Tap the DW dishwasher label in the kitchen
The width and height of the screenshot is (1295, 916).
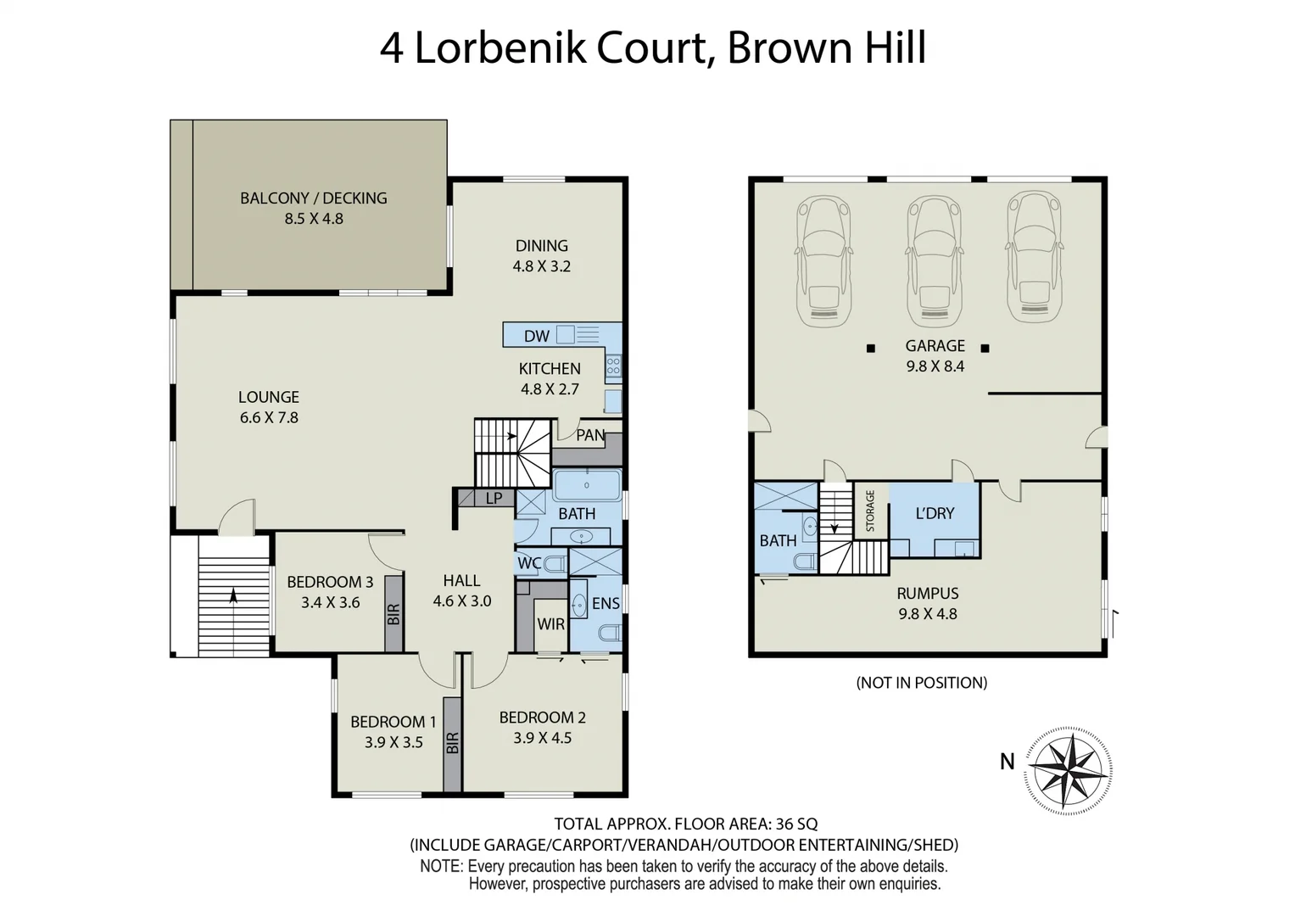point(536,336)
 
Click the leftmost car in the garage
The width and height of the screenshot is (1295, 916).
point(823,260)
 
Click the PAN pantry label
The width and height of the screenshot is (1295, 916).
point(590,435)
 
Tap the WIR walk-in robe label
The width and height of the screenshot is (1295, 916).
point(550,624)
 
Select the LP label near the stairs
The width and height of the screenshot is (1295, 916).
point(494,499)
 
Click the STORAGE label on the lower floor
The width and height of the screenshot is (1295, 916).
point(869,511)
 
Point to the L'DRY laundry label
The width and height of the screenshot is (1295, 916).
point(935,513)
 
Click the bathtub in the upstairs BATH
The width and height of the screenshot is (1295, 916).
point(587,486)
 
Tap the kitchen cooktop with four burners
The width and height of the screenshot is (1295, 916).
point(613,366)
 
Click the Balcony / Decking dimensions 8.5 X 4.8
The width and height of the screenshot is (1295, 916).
point(313,219)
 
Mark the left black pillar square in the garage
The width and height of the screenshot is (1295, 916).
point(870,348)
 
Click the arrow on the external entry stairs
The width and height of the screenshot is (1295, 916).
point(233,595)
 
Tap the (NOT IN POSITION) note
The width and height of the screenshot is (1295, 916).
point(921,683)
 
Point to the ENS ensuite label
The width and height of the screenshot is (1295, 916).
point(606,604)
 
